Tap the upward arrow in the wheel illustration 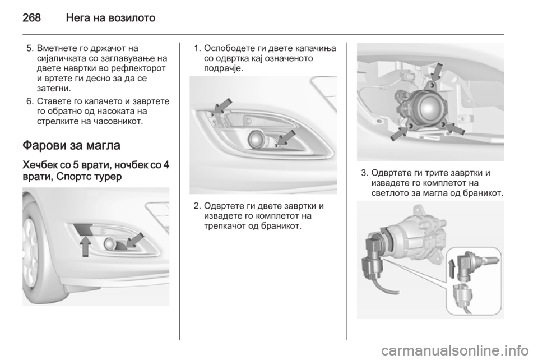coord(86,245)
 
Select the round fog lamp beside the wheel coord(110,243)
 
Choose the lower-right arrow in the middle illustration coord(286,137)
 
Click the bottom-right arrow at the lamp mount coord(455,128)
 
